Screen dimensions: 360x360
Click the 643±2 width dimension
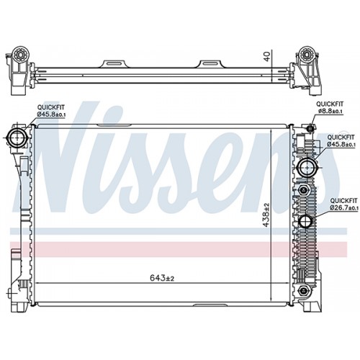pos(162,278)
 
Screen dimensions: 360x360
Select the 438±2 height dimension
pos(266,215)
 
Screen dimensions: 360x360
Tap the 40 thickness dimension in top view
pos(267,55)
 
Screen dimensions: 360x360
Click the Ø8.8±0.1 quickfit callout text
pos(330,111)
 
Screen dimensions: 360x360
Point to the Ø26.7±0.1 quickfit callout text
pos(344,207)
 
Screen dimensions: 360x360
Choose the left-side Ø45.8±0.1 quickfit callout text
pos(51,114)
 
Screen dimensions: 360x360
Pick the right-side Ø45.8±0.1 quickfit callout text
pos(341,144)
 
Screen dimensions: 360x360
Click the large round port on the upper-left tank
pos(17,138)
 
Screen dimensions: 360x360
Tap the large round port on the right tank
pos(307,167)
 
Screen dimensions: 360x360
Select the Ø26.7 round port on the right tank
pos(305,221)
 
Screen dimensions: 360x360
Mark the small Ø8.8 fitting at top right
pos(310,129)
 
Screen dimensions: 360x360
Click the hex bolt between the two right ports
pos(302,190)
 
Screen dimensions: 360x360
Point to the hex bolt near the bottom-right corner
pos(302,291)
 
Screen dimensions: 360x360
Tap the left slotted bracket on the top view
pos(114,64)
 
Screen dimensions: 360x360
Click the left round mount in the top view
pos(20,54)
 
